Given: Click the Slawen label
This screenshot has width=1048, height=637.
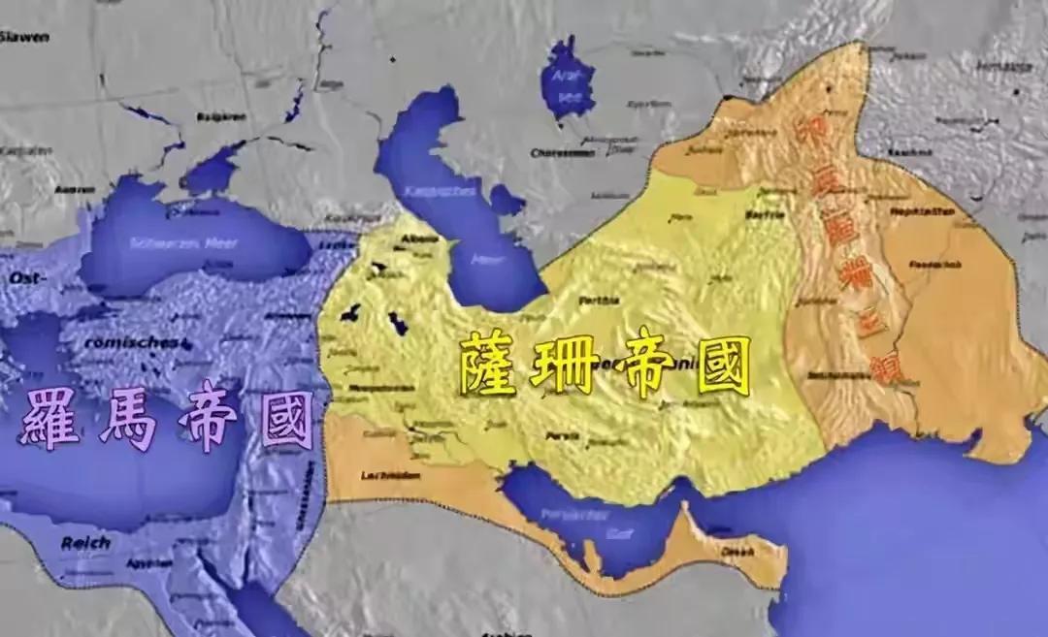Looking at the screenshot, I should click(24, 36).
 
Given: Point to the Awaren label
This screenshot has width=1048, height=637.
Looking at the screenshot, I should click(75, 189).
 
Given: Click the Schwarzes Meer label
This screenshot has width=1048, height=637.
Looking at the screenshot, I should click(171, 241).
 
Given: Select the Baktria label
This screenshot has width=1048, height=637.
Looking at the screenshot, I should click(764, 214).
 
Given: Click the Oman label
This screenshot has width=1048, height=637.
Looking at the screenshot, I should click(737, 551).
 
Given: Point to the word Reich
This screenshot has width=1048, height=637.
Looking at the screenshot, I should click(85, 543).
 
